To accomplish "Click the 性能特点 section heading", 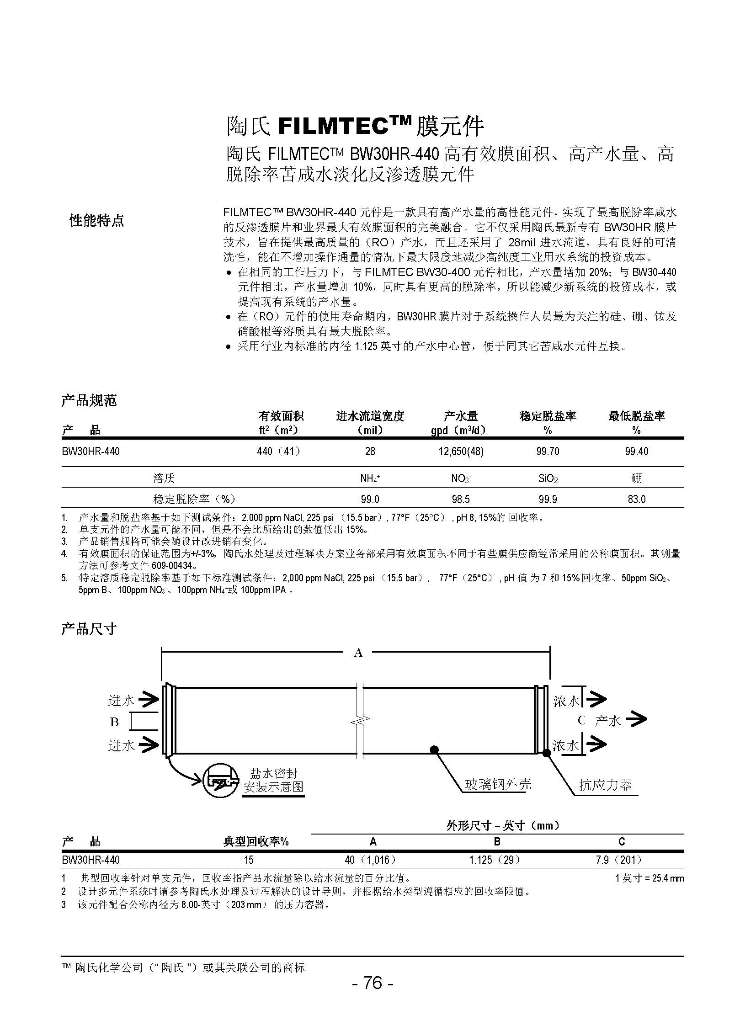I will pyautogui.click(x=96, y=221).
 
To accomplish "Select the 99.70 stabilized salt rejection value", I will pyautogui.click(x=547, y=452).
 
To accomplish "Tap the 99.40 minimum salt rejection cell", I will pyautogui.click(x=636, y=452).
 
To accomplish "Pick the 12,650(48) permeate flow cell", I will pyautogui.click(x=460, y=452).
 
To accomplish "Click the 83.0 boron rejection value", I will pyautogui.click(x=636, y=499).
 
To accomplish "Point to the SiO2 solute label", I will pyautogui.click(x=547, y=478).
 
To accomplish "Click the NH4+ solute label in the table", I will pyautogui.click(x=370, y=478).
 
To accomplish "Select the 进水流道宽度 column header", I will pyautogui.click(x=370, y=416).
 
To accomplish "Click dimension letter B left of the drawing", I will pyautogui.click(x=114, y=722).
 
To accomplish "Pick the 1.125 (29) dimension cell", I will pyautogui.click(x=495, y=860).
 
